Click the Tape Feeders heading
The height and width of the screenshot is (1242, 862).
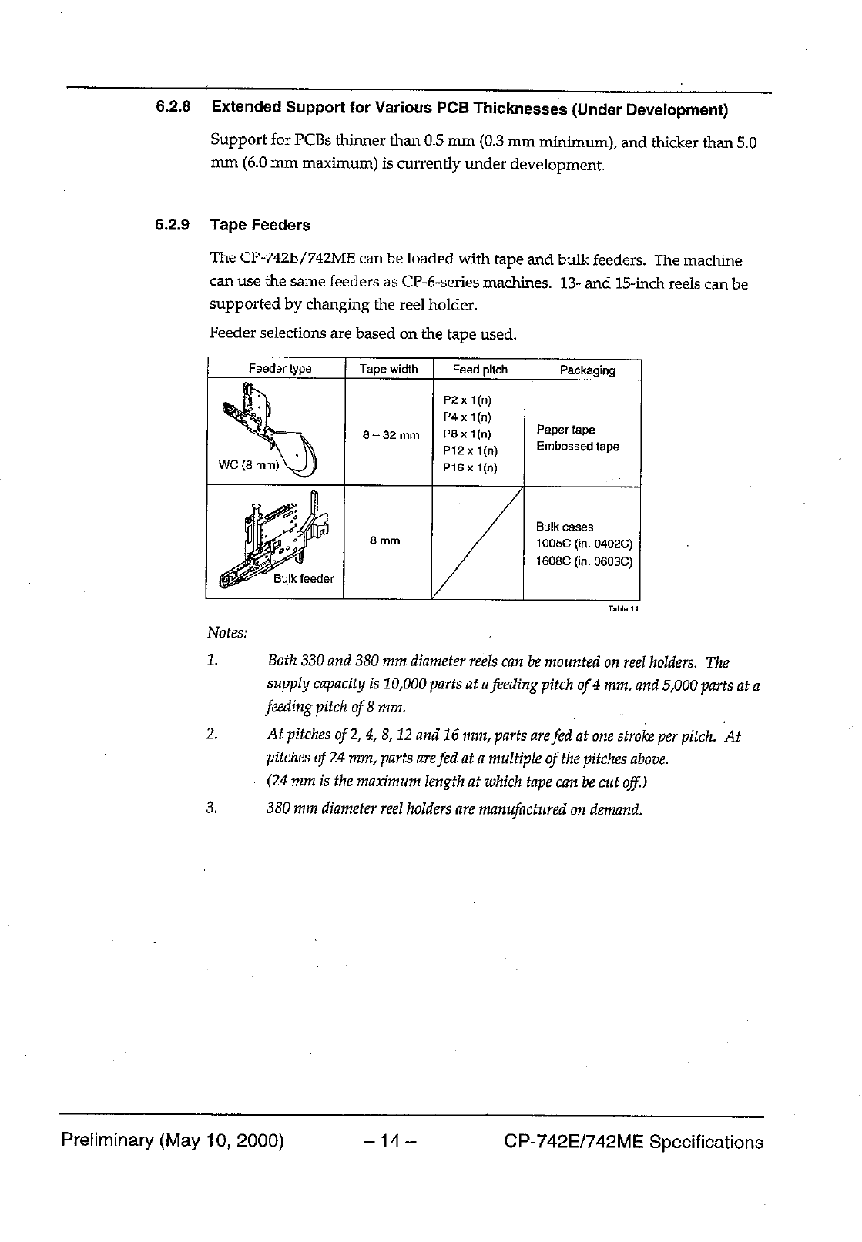(x=260, y=226)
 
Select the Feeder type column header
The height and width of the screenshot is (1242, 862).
(x=280, y=369)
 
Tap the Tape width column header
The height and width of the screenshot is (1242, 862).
(x=388, y=370)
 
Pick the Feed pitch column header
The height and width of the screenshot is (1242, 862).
(x=479, y=370)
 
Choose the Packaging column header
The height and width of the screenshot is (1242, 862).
(x=587, y=370)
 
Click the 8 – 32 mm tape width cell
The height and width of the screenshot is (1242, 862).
(x=391, y=436)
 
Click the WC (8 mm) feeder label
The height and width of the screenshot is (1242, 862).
(x=248, y=465)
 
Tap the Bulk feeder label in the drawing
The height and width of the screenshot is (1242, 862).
(x=304, y=579)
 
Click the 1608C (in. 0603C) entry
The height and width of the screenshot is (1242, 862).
(x=584, y=561)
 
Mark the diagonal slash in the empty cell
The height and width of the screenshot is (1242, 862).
(x=478, y=543)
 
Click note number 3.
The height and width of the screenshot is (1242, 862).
(x=212, y=808)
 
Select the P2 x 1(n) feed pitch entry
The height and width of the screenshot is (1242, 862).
(x=467, y=400)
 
